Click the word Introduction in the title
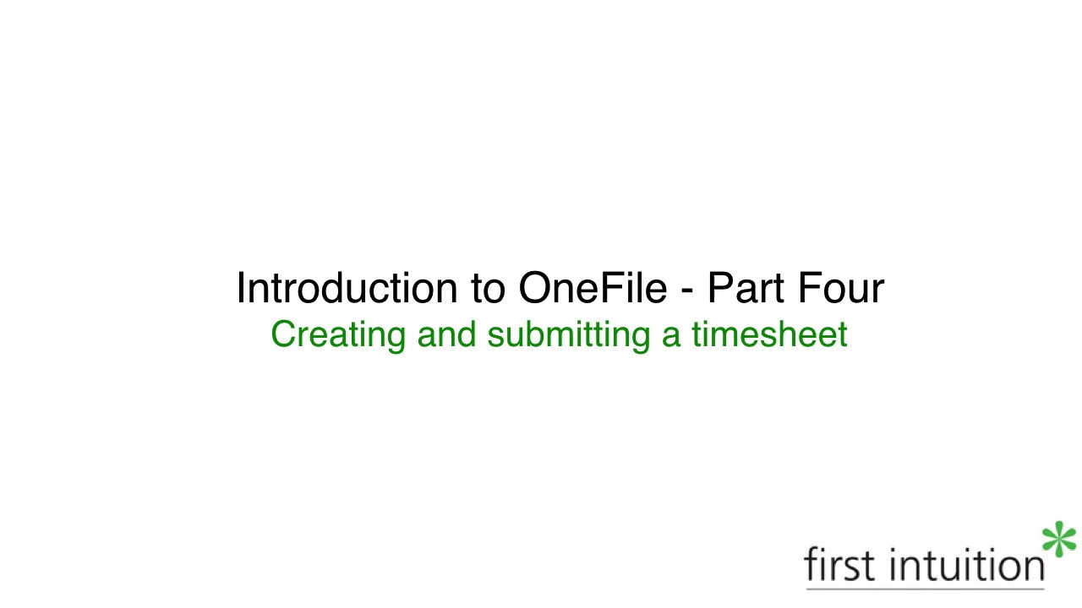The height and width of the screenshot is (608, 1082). [x=345, y=288]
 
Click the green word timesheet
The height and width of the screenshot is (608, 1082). [x=769, y=334]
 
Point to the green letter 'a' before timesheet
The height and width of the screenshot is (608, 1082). [x=671, y=336]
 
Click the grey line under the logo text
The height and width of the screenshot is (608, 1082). [x=925, y=588]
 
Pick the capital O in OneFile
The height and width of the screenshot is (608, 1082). [x=535, y=289]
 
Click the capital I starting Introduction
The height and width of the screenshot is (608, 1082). [x=240, y=288]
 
